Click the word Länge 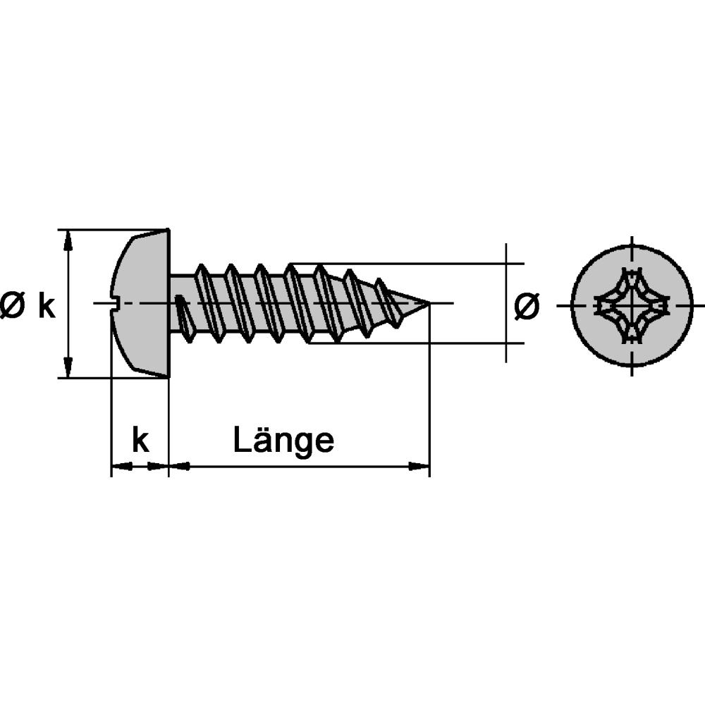pyautogui.click(x=283, y=441)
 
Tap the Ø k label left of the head pyautogui.click(x=28, y=306)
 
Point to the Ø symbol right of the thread pyautogui.click(x=527, y=306)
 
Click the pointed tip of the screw pyautogui.click(x=428, y=303)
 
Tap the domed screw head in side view pyautogui.click(x=140, y=303)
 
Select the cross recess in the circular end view pyautogui.click(x=632, y=305)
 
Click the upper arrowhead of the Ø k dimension pyautogui.click(x=68, y=240)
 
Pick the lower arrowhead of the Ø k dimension pyautogui.click(x=68, y=367)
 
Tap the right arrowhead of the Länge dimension pyautogui.click(x=419, y=466)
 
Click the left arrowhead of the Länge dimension pyautogui.click(x=179, y=466)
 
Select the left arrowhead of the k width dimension pyautogui.click(x=122, y=466)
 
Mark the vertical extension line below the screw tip pyautogui.click(x=429, y=390)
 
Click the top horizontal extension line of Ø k pyautogui.click(x=114, y=230)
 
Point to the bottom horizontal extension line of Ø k pyautogui.click(x=114, y=378)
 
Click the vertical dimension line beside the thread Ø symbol pyautogui.click(x=506, y=303)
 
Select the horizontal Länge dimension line pyautogui.click(x=299, y=466)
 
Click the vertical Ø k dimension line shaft pyautogui.click(x=68, y=304)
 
